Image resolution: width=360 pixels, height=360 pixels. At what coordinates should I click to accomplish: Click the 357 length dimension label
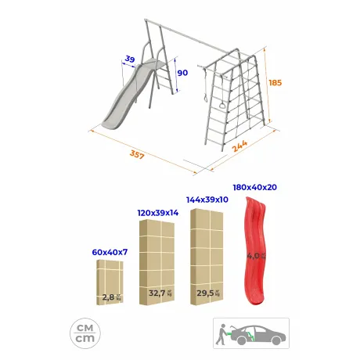[x=137, y=154]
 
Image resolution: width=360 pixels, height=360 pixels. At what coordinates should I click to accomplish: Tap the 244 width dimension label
[x=239, y=146]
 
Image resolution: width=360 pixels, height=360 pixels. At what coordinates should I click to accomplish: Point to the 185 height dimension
[x=275, y=83]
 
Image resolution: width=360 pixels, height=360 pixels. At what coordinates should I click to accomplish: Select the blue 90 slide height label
[x=182, y=73]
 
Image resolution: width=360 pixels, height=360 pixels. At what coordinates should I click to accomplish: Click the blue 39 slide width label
[x=130, y=59]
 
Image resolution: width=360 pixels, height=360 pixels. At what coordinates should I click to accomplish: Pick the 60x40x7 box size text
[x=110, y=252]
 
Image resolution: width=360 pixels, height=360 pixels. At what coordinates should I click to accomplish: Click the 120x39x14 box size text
[x=158, y=213]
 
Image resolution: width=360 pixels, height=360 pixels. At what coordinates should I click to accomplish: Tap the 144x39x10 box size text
[x=207, y=200]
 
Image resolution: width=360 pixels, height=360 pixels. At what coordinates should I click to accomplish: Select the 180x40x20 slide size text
[x=255, y=187]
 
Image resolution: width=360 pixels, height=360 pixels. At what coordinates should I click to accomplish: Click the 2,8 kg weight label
[x=112, y=297]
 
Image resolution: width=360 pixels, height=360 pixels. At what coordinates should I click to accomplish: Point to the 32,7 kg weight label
[x=160, y=293]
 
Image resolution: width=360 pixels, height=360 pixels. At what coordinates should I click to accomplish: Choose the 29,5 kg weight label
[x=208, y=293]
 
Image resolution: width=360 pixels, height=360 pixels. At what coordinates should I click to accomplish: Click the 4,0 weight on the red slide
[x=256, y=256]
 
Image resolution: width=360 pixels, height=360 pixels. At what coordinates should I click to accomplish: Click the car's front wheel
[x=276, y=340]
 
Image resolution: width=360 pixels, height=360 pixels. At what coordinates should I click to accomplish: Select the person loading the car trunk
[x=221, y=334]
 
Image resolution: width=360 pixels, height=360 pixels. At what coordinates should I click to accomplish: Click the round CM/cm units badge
[x=85, y=333]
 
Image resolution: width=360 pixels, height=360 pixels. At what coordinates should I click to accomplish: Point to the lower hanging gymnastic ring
[x=222, y=105]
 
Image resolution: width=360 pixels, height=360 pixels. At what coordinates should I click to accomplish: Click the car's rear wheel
[x=242, y=340]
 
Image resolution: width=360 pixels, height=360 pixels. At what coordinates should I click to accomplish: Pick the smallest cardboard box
[x=110, y=283]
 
